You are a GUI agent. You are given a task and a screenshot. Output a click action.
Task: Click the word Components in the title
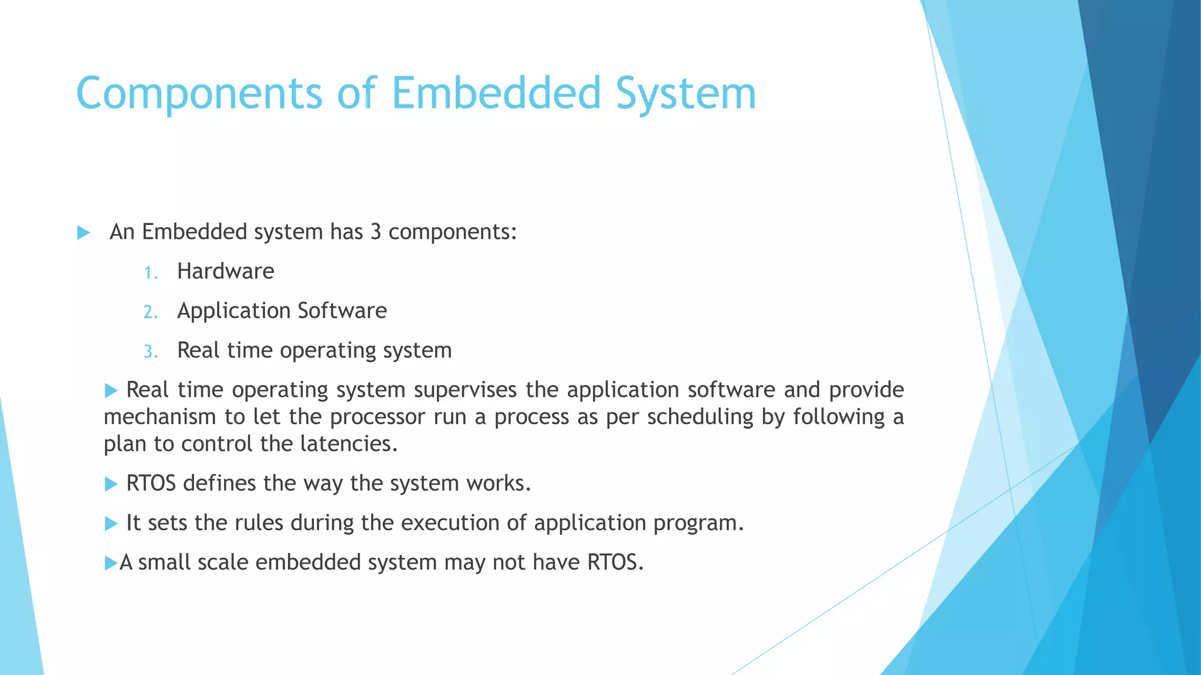click(199, 94)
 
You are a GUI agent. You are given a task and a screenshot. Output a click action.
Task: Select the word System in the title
click(686, 94)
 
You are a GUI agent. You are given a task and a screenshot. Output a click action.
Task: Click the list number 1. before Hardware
click(151, 272)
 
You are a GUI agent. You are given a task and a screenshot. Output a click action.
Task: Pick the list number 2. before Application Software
click(151, 312)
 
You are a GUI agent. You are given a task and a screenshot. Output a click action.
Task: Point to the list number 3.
click(151, 352)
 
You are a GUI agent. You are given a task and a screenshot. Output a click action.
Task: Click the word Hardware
click(225, 271)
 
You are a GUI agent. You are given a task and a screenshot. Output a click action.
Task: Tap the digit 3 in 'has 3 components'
click(375, 232)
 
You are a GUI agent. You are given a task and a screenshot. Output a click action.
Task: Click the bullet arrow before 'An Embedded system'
click(83, 233)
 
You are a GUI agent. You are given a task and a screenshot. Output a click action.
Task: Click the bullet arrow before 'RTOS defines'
click(111, 484)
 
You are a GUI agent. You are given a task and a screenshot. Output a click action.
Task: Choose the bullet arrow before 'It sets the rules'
click(111, 523)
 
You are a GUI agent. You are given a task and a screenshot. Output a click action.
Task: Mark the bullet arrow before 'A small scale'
click(111, 563)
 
